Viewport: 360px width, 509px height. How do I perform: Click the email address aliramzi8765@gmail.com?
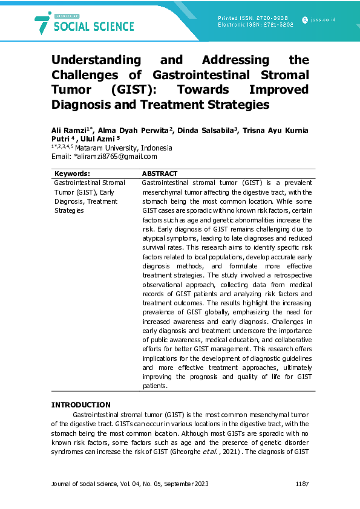click(x=117, y=156)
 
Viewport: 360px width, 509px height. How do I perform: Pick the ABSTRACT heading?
click(x=160, y=173)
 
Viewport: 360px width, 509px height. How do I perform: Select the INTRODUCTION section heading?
click(x=80, y=404)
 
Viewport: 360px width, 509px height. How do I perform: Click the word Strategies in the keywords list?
click(x=69, y=211)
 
